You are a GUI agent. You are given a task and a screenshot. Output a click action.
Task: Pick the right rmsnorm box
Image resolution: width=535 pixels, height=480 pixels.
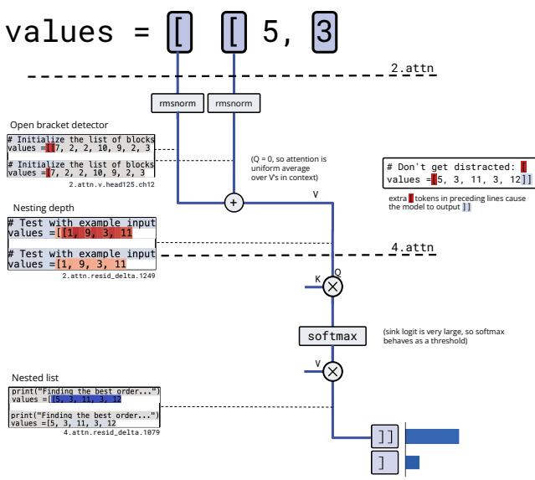click(233, 103)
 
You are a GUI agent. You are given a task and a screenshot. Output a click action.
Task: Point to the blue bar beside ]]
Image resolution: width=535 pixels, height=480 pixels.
click(431, 436)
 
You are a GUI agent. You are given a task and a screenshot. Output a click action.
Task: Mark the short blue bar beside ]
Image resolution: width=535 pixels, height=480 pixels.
click(411, 462)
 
